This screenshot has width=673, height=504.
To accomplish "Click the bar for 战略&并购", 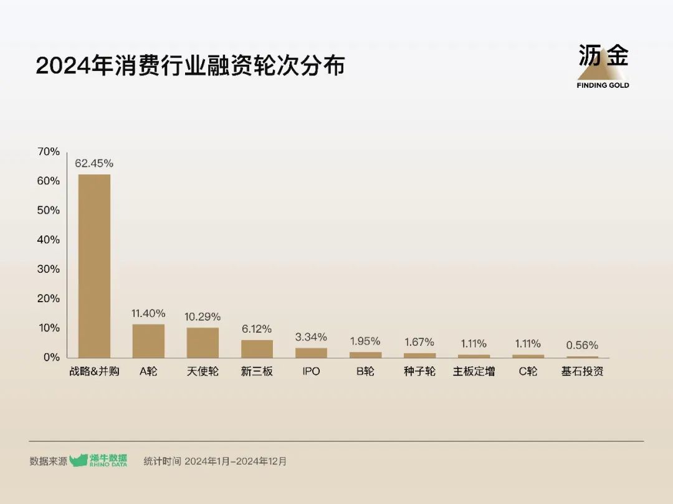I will point(94,266).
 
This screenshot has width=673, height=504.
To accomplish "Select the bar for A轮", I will point(148,341).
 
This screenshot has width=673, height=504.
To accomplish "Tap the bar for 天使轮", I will point(203,343).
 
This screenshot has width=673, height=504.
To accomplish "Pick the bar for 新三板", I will point(257,348).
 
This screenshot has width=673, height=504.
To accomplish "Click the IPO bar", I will point(311,353).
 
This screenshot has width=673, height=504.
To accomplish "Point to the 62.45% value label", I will point(94,163).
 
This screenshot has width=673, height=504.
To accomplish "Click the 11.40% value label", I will point(148,313).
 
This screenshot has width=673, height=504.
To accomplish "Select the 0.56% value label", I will point(582,345).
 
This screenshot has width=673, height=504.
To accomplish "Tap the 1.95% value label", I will point(365,341).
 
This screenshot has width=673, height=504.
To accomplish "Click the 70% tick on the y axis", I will point(49,151).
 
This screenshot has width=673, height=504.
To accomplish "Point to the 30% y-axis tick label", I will point(49,269).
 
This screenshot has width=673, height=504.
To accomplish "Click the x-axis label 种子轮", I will point(419,372).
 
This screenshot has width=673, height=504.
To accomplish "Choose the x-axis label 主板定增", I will point(474,372).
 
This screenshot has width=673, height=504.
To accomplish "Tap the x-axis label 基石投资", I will point(582,372).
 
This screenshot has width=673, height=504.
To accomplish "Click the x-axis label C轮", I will point(528,372).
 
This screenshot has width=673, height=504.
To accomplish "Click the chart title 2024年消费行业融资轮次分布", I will point(190,66).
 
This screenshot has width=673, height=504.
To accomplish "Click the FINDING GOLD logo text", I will point(603,85).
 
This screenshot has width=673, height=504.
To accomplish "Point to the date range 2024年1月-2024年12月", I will point(236,462).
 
